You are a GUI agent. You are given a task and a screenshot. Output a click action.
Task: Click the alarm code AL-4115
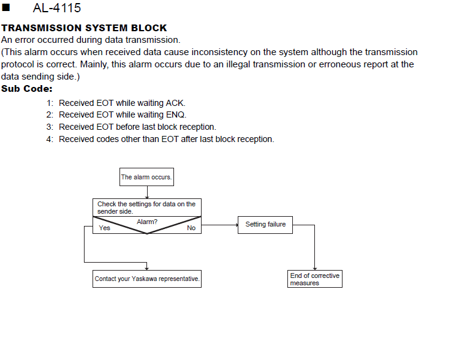click(x=57, y=8)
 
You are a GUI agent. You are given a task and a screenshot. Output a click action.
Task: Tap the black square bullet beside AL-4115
click(x=6, y=7)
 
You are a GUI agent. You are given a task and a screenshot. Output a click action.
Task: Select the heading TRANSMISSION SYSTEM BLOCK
click(x=84, y=28)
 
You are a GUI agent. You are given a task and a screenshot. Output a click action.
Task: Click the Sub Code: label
click(x=27, y=89)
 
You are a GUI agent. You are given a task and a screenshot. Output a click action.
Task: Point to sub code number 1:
click(x=50, y=103)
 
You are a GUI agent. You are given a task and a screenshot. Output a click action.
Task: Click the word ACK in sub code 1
click(x=176, y=103)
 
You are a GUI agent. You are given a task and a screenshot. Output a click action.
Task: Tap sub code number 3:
click(x=50, y=127)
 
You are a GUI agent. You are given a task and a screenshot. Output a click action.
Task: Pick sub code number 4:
click(x=50, y=139)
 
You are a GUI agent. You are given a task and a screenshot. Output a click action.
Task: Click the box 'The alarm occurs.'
click(x=146, y=177)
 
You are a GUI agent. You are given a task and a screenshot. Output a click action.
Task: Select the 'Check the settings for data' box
click(x=147, y=208)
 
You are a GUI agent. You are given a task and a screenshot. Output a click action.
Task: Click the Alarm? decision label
click(x=147, y=222)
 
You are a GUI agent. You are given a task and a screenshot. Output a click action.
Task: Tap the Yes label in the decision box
click(x=105, y=228)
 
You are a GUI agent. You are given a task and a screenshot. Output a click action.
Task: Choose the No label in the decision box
click(x=191, y=228)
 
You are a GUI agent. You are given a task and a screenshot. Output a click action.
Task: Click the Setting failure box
click(x=265, y=225)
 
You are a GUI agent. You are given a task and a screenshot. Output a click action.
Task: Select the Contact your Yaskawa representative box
click(x=147, y=279)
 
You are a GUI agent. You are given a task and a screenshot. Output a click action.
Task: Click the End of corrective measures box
click(x=315, y=279)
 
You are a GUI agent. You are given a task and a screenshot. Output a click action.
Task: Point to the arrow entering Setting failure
click(x=219, y=225)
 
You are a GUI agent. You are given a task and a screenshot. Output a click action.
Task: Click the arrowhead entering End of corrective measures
click(x=315, y=269)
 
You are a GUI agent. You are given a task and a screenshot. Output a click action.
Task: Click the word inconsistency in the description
click(x=219, y=52)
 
